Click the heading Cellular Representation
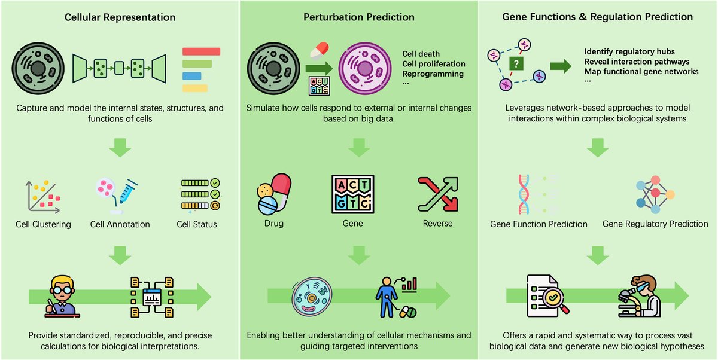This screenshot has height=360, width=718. (x=119, y=17)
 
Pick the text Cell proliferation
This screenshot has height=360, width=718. (x=434, y=64)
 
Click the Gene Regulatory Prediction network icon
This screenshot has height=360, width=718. (x=655, y=193)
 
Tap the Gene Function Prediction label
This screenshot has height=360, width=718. (x=538, y=224)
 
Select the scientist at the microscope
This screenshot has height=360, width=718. (x=640, y=295)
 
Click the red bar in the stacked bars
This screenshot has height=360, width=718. (x=200, y=51)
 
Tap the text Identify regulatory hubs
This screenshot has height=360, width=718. (x=628, y=51)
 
